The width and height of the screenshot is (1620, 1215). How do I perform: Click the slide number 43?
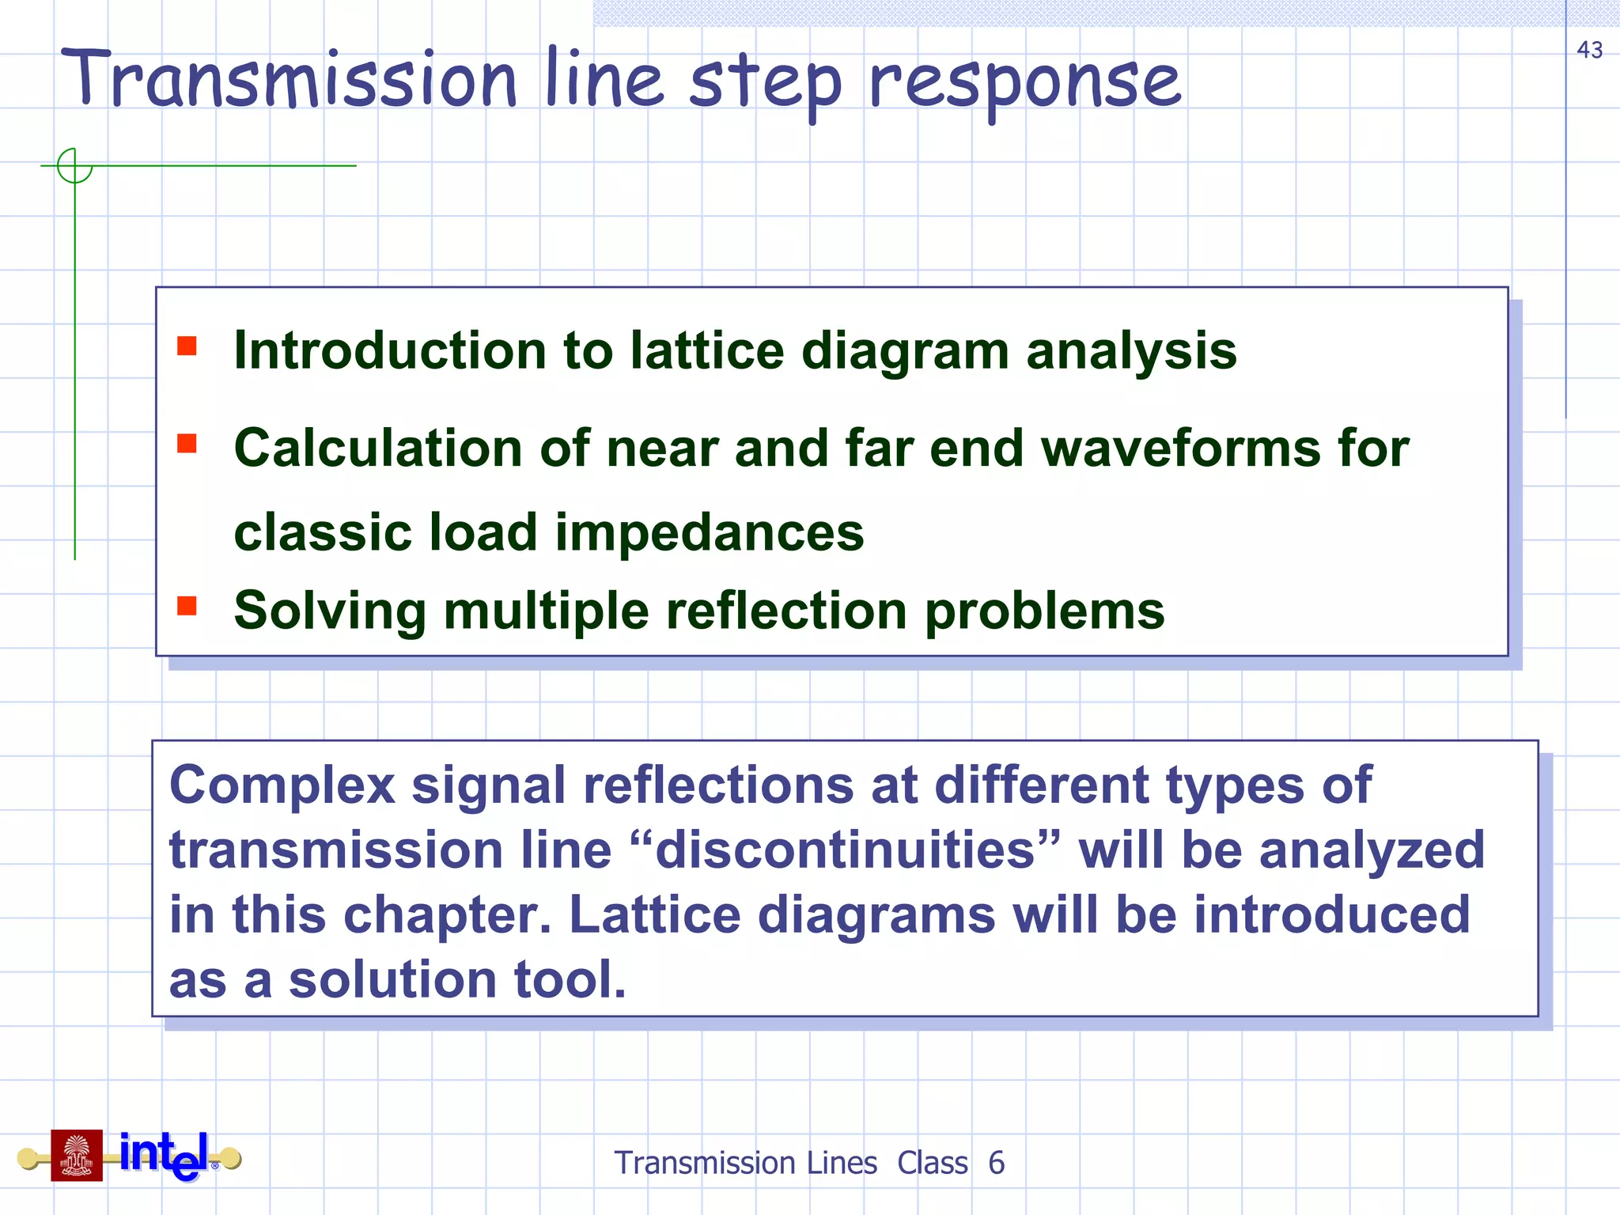point(1589,50)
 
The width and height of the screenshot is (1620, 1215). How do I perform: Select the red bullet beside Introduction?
point(187,346)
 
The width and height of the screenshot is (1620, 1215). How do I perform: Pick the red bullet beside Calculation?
point(187,443)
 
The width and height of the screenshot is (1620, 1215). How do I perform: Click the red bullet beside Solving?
point(187,606)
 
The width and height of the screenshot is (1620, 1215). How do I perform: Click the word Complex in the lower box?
point(282,785)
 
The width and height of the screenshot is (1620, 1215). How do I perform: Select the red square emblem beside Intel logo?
point(77,1156)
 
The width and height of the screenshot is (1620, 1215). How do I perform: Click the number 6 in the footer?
point(996,1163)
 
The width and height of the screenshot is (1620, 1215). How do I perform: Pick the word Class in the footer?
point(932,1163)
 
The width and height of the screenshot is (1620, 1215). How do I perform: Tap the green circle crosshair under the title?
point(75,166)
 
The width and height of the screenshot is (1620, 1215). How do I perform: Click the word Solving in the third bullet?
point(330,611)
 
